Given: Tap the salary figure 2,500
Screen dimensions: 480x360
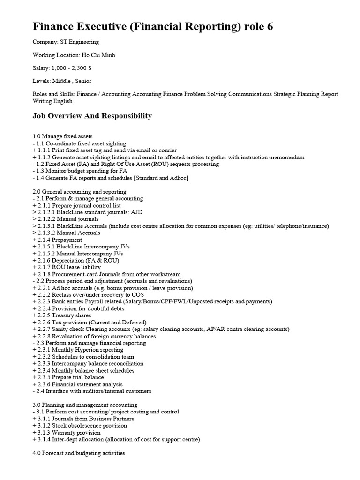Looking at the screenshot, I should (x=82, y=68).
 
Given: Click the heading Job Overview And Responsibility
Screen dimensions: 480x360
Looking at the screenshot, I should (x=92, y=116).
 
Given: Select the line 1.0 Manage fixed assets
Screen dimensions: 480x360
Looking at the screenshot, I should (x=62, y=136).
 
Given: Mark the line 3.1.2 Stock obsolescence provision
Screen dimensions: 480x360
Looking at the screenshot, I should (x=82, y=426).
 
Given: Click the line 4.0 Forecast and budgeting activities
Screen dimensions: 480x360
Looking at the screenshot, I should (x=79, y=454).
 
